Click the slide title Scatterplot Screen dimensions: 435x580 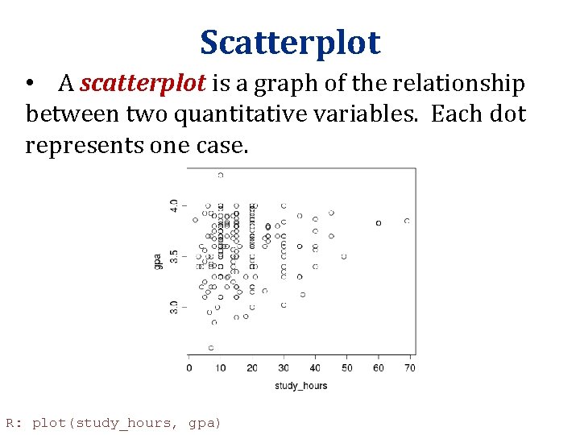tap(290, 43)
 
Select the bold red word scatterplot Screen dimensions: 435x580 tap(143, 84)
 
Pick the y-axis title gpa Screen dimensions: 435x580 tap(159, 260)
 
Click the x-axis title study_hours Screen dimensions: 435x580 tap(300, 386)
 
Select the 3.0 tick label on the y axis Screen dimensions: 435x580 tap(174, 307)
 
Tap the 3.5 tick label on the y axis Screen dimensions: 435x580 tap(174, 256)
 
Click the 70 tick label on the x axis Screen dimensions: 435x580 tap(409, 368)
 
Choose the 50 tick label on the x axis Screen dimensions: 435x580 tap(346, 368)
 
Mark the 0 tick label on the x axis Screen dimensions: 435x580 tap(189, 368)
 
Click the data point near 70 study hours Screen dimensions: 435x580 tap(407, 221)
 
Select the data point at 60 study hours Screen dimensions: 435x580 tap(379, 222)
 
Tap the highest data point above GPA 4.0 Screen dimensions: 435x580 tap(221, 175)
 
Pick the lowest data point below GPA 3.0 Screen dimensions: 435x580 tap(211, 348)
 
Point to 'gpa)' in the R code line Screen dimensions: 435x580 tap(204, 423)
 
